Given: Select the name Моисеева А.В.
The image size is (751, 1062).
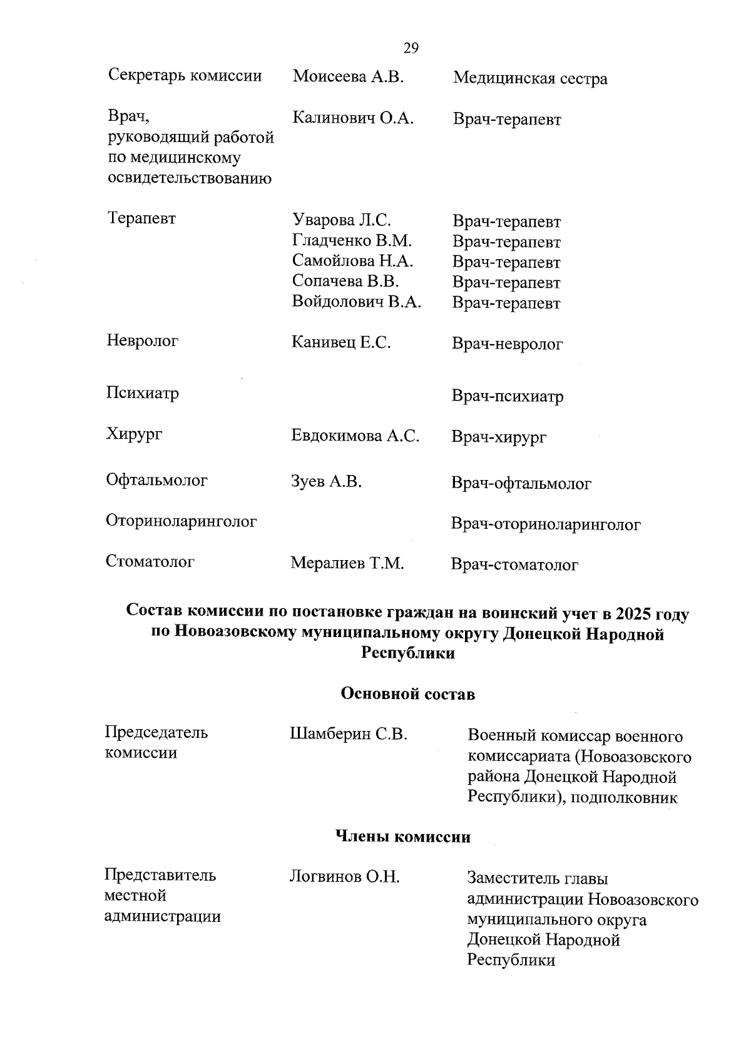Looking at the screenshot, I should (x=348, y=77).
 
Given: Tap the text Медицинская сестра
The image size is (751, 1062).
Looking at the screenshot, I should (x=530, y=79).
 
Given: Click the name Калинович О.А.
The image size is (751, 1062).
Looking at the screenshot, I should (x=353, y=118).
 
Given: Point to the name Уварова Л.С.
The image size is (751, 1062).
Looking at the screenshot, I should (x=342, y=220).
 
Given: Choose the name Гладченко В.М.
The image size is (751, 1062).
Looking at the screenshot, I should (x=352, y=241).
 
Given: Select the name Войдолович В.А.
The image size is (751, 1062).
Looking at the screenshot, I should (x=356, y=302).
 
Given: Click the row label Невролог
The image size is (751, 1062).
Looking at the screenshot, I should (x=143, y=341).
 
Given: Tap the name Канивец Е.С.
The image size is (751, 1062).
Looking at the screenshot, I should (x=341, y=342).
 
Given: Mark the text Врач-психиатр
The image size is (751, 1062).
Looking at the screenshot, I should (x=508, y=397).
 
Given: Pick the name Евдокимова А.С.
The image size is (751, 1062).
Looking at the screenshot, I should (x=355, y=436).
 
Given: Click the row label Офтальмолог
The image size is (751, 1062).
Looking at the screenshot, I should (x=156, y=481).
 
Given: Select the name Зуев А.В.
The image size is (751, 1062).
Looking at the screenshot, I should (x=327, y=482).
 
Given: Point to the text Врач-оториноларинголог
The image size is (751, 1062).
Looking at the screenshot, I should (x=546, y=524).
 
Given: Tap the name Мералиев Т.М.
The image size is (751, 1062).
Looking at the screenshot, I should (x=347, y=563).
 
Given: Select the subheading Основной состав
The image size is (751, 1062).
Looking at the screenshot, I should (x=407, y=694).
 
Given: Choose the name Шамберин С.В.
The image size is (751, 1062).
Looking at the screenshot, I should (x=349, y=734).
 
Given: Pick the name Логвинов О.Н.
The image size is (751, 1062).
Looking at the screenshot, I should (x=344, y=877).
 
